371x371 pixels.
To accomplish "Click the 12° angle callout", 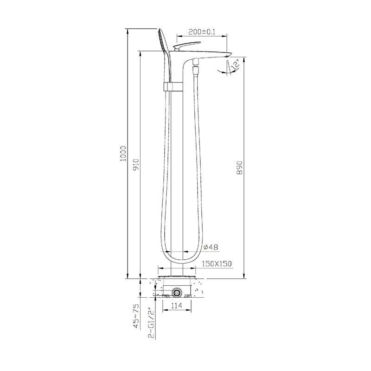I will (235, 64).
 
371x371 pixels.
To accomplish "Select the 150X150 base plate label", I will (217, 264).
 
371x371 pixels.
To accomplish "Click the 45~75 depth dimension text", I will (136, 316).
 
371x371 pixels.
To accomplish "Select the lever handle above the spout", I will (184, 46).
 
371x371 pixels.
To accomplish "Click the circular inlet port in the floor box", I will (176, 293).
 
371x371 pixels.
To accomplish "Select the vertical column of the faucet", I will (177, 176).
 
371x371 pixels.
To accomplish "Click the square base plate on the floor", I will (177, 277).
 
